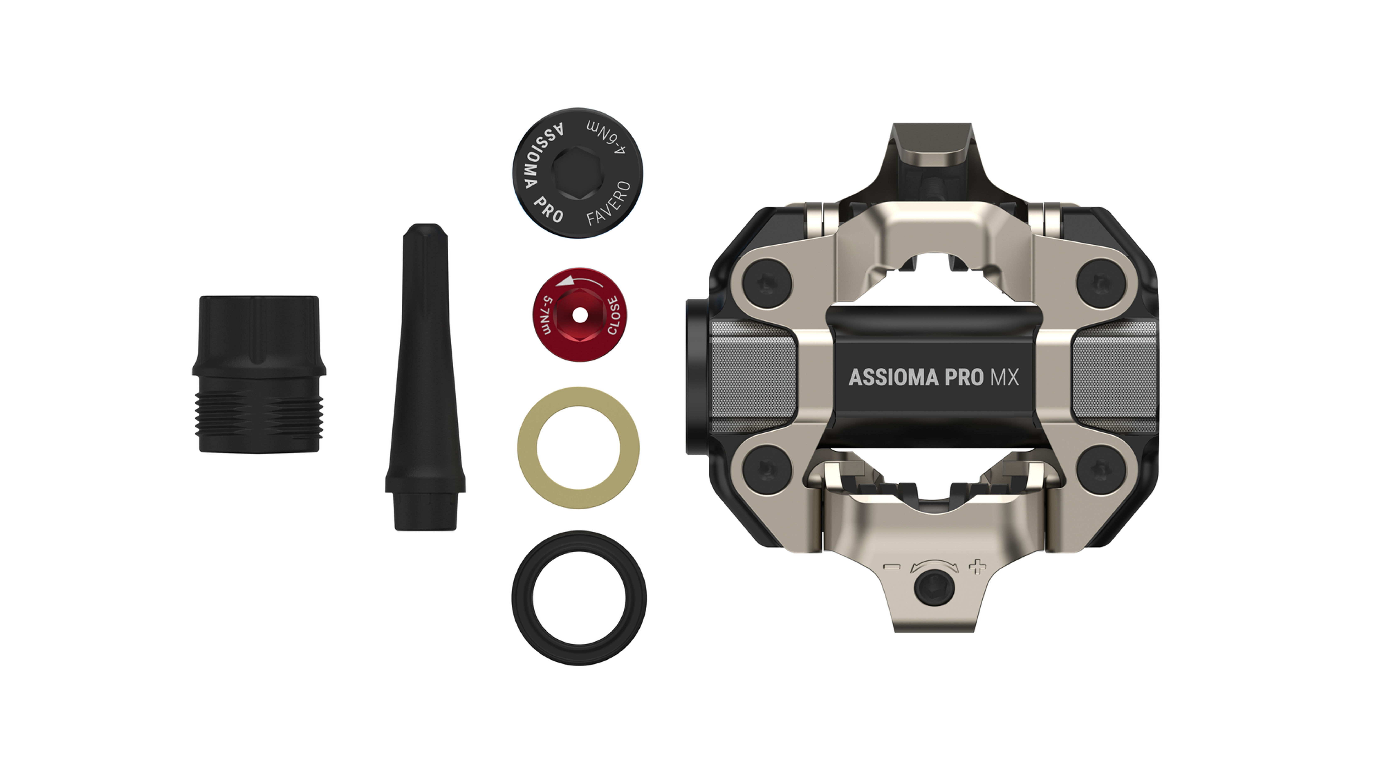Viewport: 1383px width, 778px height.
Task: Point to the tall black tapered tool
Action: [425, 376]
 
